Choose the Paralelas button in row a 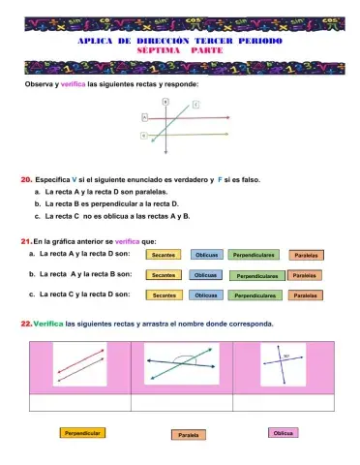point(306,255)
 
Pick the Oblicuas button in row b point(206,275)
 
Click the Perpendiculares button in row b point(256,275)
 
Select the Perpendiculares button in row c point(256,294)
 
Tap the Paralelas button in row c point(306,294)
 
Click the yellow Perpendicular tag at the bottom point(82,433)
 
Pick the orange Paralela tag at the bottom point(189,435)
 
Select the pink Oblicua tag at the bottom point(283,432)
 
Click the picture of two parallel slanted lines point(80,367)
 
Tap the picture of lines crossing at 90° point(282,367)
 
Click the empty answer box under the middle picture point(180,403)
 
